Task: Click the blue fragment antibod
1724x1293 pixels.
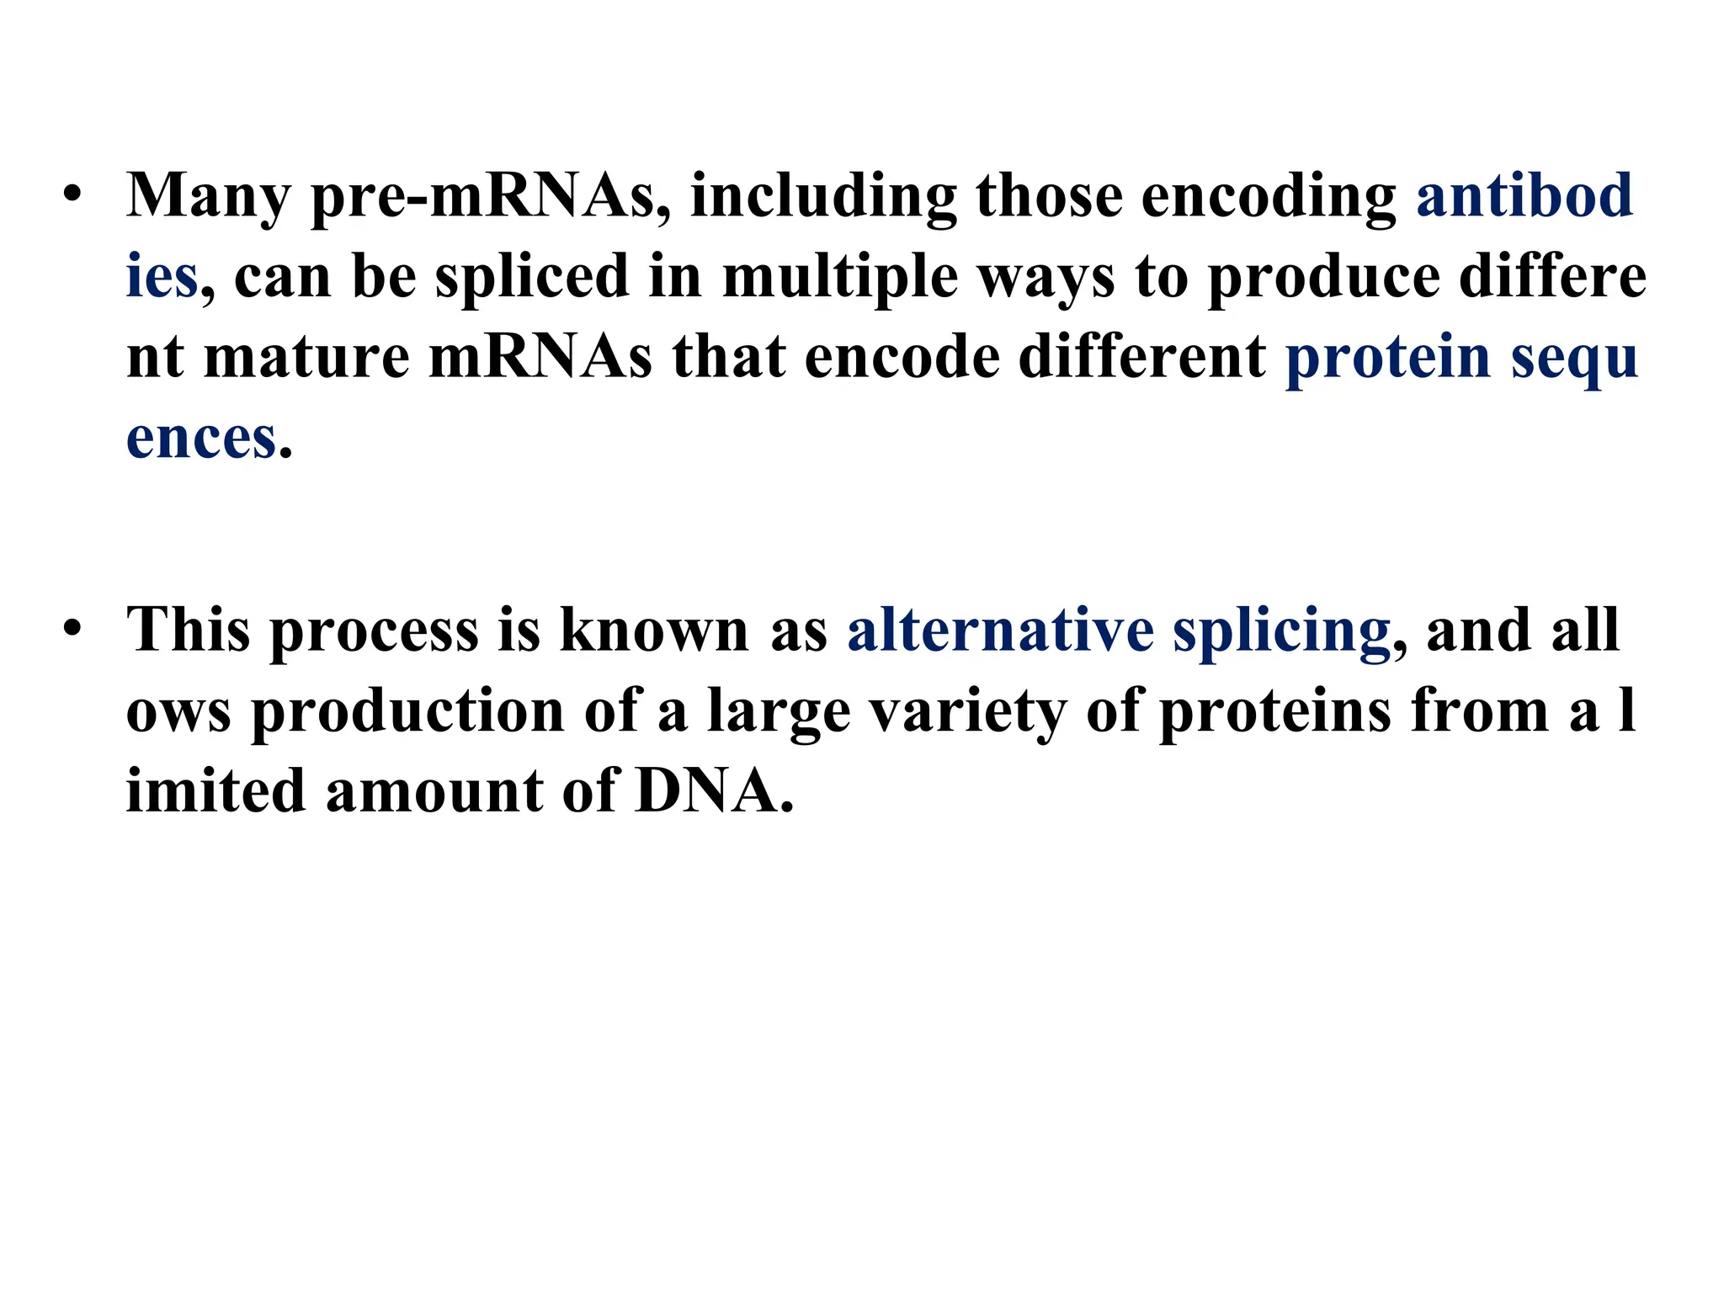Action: (1524, 194)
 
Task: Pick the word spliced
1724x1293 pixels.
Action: (532, 277)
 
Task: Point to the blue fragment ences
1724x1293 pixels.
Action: (201, 439)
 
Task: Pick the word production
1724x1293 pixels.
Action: (407, 712)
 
